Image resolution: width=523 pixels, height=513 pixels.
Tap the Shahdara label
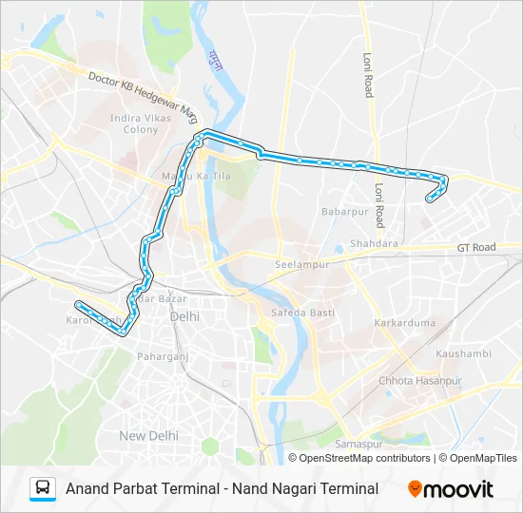coord(375,243)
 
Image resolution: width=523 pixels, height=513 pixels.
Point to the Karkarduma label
coord(405,323)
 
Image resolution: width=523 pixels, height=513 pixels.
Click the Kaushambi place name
coord(462,353)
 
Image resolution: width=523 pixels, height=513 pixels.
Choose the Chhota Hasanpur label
coord(419,380)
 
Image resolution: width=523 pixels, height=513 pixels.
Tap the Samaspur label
coord(358,444)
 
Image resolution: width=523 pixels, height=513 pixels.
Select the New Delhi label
coord(148,435)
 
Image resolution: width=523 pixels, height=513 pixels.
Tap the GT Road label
coord(476,247)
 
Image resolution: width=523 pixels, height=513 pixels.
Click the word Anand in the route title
coord(88,488)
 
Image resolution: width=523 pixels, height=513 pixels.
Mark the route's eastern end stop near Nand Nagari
coord(430,199)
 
